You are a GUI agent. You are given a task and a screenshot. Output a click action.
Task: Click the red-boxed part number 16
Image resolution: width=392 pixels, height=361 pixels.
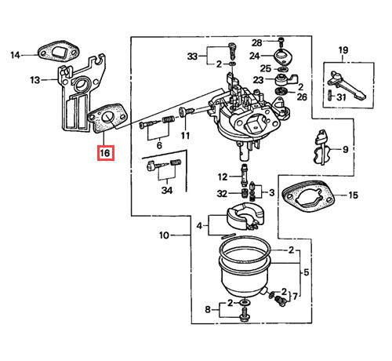click(x=106, y=153)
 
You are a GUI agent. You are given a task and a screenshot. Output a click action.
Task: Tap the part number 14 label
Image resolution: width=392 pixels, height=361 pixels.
click(x=15, y=55)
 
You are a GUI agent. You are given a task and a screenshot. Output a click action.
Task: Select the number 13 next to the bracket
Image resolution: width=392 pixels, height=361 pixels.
click(x=35, y=80)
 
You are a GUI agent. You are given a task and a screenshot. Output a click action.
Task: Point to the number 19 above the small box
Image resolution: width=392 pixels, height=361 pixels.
click(x=343, y=49)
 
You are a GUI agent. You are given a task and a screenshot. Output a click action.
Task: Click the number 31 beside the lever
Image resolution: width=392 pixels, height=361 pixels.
click(x=341, y=97)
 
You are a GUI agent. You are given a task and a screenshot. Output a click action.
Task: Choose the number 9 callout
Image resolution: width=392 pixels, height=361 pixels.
click(x=346, y=149)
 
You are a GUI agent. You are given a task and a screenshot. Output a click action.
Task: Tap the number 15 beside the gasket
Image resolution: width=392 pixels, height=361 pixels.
click(x=353, y=195)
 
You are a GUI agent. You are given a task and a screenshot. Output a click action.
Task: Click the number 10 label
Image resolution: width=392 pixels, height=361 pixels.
click(x=164, y=235)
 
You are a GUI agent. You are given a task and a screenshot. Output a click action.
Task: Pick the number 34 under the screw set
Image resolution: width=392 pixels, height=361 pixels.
click(x=167, y=190)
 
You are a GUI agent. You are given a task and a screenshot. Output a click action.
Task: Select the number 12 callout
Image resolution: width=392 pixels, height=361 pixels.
click(x=223, y=177)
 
